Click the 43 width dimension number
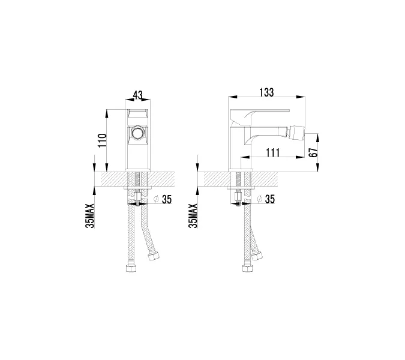(138, 95)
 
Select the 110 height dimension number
(103, 141)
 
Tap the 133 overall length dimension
(266, 92)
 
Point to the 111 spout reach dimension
(273, 153)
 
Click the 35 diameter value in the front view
(167, 200)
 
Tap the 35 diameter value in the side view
(269, 200)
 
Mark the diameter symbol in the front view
(155, 200)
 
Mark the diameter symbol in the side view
(258, 200)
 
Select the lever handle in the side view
(264, 113)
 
